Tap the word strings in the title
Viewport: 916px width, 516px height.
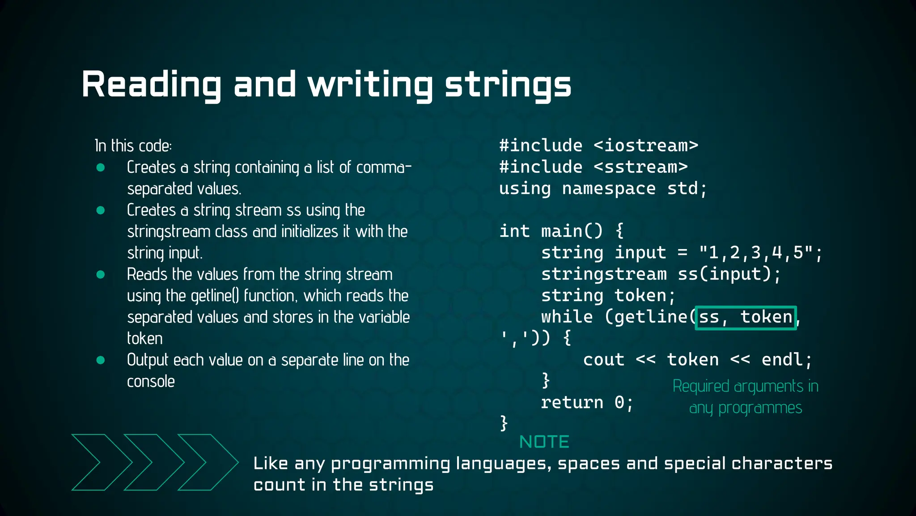508,85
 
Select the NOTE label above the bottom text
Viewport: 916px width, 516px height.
544,442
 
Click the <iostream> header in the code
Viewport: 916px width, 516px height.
646,146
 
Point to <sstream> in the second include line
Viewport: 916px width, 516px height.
640,167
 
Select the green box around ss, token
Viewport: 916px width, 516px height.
746,318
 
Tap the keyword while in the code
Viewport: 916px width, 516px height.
567,317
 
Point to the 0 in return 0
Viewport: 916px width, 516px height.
619,403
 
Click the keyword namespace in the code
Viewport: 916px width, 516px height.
609,189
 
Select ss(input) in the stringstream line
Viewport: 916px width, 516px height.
724,274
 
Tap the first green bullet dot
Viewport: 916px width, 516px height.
101,168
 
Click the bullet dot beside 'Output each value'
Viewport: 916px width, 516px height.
101,360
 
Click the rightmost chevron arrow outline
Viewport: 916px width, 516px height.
208,462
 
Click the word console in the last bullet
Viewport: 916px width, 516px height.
151,382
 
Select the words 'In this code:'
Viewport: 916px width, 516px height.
133,146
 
